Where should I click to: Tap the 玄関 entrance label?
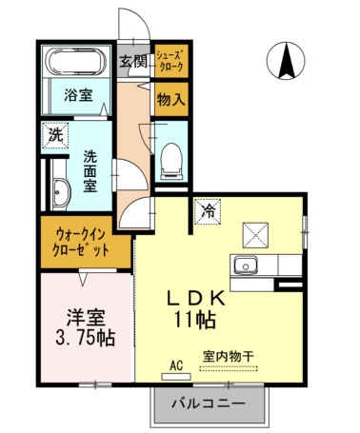tap(133, 62)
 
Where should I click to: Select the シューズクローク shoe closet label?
tap(170, 62)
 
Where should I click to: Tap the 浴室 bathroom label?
tap(78, 95)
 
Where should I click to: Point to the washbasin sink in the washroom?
tap(60, 193)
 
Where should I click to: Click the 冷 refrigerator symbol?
tap(206, 212)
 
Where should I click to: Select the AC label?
tap(175, 364)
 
